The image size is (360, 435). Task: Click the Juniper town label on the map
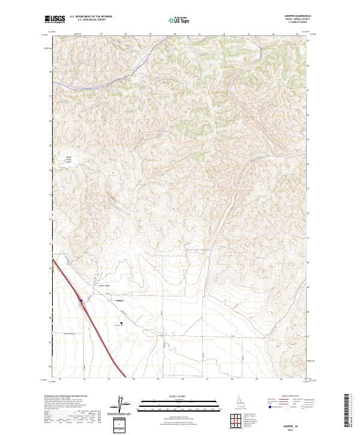119,301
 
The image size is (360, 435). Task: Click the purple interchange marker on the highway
80,295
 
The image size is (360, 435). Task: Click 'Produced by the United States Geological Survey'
71,396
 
